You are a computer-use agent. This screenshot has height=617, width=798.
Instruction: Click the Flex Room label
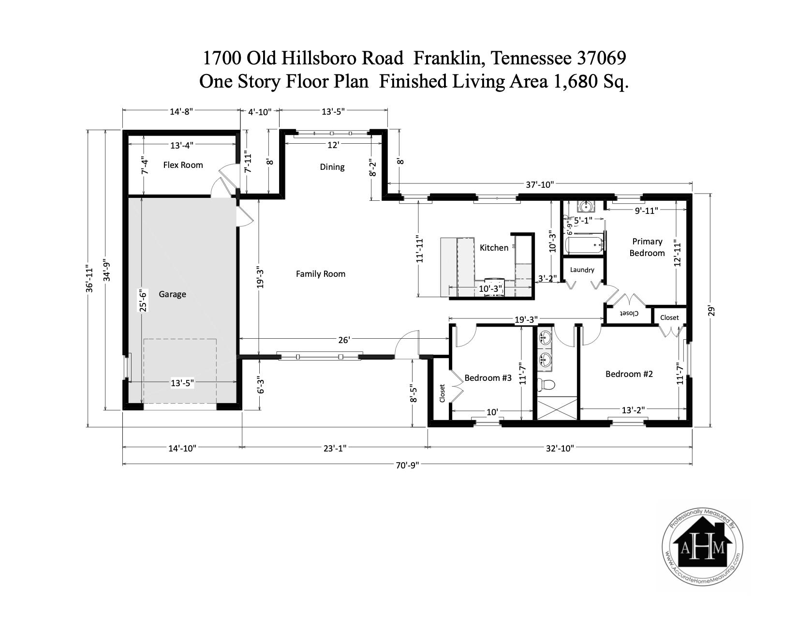pos(183,165)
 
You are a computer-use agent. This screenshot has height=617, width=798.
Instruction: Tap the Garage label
pos(172,294)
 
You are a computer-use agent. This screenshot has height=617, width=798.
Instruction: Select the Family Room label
pos(321,274)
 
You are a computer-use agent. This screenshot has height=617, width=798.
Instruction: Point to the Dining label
pos(332,167)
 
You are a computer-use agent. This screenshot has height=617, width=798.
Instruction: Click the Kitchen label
pos(494,248)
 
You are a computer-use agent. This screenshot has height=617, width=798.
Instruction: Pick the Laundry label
pos(582,270)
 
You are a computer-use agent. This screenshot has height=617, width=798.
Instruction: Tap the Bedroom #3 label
pos(488,378)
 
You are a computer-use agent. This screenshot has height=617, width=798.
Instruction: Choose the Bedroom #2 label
pos(629,374)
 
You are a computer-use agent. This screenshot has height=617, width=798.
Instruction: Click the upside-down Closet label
pos(629,313)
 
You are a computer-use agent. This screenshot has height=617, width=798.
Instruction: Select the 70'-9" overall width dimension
pos(407,466)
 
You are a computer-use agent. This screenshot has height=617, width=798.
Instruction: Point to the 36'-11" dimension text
pos(89,278)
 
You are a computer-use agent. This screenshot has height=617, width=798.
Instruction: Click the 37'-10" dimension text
pos(539,185)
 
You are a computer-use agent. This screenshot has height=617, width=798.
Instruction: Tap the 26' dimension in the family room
pos(344,340)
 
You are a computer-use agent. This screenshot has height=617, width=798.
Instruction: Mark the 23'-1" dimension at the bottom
pos(335,448)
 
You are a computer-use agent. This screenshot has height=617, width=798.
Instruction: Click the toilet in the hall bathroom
pos(546,385)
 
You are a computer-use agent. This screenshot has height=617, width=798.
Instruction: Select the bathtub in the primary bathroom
pos(584,245)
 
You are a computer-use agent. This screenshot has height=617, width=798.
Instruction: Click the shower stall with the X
pos(557,408)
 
